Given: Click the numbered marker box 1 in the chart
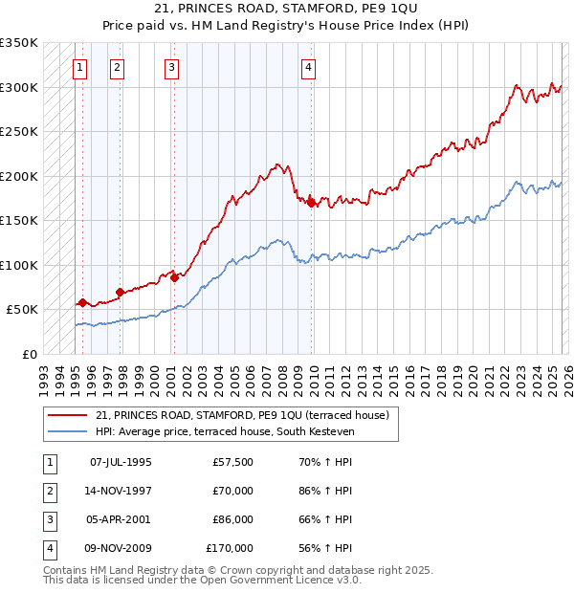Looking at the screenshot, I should click(78, 67).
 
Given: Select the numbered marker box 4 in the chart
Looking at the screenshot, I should click(309, 67).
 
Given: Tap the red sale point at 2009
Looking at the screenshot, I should click(312, 203).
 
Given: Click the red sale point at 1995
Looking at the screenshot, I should click(82, 303).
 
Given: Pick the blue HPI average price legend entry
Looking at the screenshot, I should click(225, 432).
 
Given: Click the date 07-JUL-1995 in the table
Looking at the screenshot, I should click(120, 462).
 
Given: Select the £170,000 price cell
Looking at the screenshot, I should click(230, 548).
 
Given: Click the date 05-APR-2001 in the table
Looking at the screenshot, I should click(120, 519).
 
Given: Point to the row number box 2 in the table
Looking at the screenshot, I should click(47, 491).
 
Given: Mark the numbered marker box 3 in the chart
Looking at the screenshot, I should click(170, 67).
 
